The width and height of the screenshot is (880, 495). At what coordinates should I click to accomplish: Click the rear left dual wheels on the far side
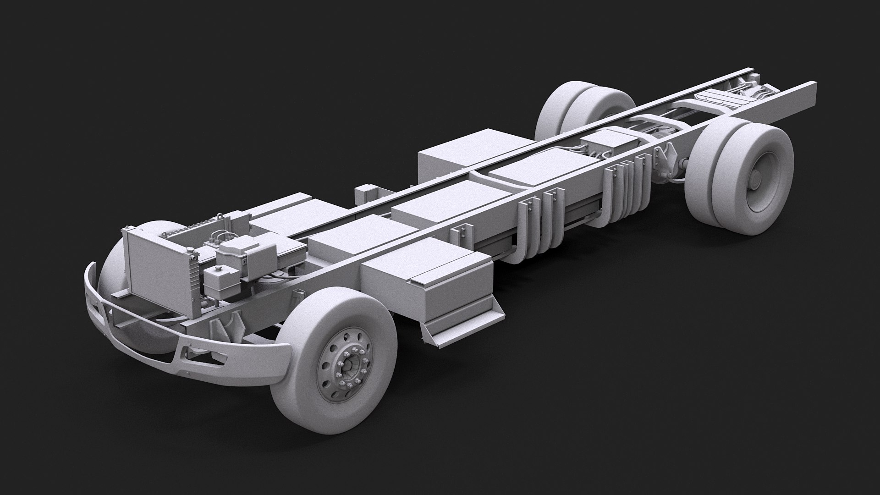tap(582, 110)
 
